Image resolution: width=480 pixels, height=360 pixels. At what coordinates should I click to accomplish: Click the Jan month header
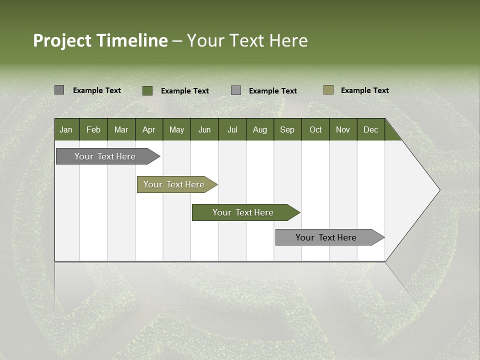(66, 129)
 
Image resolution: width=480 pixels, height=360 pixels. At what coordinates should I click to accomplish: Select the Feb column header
(93, 129)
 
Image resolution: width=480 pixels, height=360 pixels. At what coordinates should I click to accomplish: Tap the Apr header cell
(148, 129)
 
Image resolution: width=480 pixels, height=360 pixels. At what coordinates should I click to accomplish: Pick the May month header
(176, 129)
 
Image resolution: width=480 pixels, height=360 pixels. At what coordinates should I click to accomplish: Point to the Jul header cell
(232, 129)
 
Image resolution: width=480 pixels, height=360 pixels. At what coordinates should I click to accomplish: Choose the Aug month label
(259, 129)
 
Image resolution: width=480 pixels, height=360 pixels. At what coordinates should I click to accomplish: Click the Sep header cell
(287, 129)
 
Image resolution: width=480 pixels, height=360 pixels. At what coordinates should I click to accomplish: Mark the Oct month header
(315, 129)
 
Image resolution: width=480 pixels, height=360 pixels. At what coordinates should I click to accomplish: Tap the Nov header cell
(342, 129)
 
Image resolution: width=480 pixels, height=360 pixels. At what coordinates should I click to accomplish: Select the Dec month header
(370, 129)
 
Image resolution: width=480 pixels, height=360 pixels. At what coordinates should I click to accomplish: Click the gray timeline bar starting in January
(105, 156)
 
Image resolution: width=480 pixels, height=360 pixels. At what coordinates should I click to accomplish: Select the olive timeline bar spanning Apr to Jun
(174, 184)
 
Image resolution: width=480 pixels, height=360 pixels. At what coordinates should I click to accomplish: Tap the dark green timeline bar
(243, 212)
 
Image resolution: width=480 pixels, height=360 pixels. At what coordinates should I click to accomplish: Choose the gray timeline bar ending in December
(326, 237)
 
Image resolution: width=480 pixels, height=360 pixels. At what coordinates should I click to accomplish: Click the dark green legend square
(147, 90)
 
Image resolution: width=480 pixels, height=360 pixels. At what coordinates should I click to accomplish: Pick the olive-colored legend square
(328, 90)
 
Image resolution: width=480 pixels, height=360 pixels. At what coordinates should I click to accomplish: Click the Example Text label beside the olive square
(364, 90)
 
